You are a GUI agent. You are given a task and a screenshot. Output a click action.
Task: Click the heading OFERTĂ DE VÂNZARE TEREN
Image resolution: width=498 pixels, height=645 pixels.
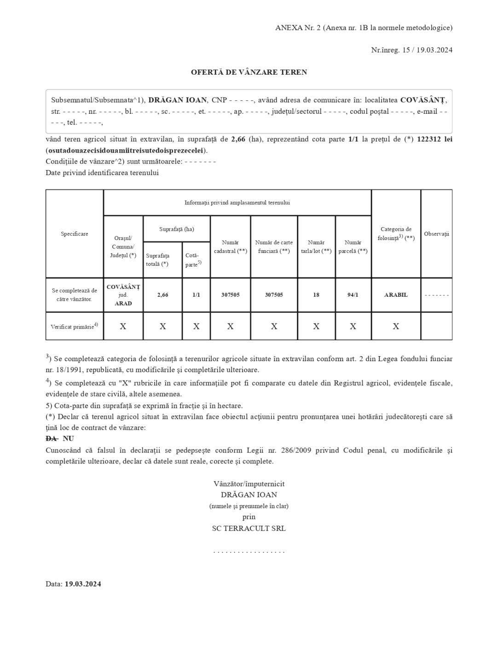pyautogui.click(x=249, y=72)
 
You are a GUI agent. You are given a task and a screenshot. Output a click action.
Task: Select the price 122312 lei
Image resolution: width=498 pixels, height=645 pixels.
pyautogui.click(x=434, y=139)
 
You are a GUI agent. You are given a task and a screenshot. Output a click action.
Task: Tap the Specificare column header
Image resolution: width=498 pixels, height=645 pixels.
pyautogui.click(x=75, y=234)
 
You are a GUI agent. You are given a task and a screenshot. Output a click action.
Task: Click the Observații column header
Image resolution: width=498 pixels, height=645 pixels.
pyautogui.click(x=436, y=234)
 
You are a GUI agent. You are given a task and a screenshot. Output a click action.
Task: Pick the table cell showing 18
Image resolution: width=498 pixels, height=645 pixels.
pyautogui.click(x=316, y=295)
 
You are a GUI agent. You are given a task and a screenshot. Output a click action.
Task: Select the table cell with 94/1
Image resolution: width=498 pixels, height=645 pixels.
pyautogui.click(x=353, y=295)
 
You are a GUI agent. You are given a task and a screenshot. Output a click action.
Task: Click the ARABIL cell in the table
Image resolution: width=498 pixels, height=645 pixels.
pyautogui.click(x=396, y=295)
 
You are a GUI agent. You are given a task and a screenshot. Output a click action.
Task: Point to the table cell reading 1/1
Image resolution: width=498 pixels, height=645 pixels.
pyautogui.click(x=196, y=295)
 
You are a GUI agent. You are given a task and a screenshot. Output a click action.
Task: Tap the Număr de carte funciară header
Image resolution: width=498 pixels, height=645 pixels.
pyautogui.click(x=274, y=247)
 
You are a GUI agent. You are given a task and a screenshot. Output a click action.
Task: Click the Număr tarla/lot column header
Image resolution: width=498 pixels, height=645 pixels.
pyautogui.click(x=316, y=247)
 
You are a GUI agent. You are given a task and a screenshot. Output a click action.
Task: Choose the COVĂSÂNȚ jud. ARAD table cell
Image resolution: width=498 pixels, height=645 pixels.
pyautogui.click(x=123, y=295)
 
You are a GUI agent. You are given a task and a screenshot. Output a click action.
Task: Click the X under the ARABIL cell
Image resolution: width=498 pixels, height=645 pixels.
pyautogui.click(x=396, y=327)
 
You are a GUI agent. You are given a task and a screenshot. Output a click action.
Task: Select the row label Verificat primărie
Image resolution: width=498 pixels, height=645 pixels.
pyautogui.click(x=74, y=327)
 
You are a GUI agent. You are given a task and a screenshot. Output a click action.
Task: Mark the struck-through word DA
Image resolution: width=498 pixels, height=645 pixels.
pyautogui.click(x=52, y=439)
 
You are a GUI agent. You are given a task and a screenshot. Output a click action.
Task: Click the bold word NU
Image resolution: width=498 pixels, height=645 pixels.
pyautogui.click(x=68, y=439)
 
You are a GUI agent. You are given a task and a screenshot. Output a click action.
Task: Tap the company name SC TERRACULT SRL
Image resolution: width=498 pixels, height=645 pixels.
pyautogui.click(x=249, y=528)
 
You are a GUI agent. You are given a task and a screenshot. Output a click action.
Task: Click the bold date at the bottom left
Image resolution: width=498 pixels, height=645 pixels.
pyautogui.click(x=83, y=584)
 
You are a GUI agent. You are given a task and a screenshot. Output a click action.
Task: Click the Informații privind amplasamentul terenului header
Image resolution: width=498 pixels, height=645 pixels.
pyautogui.click(x=237, y=203)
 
